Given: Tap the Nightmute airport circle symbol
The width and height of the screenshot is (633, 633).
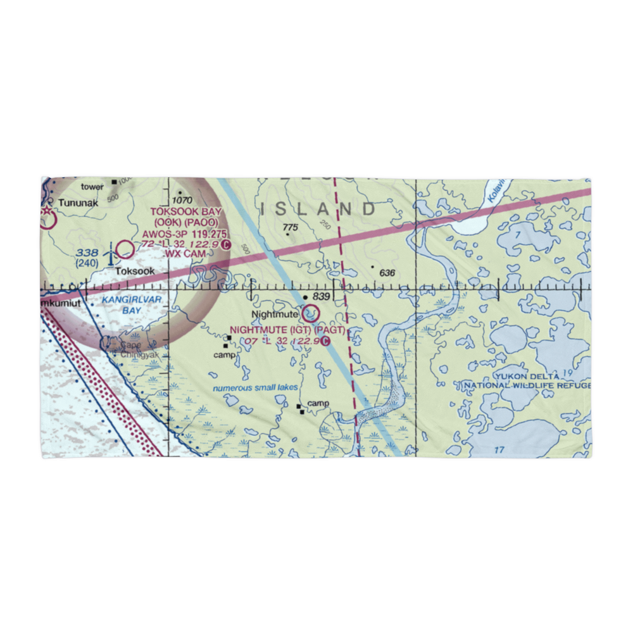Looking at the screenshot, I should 311,313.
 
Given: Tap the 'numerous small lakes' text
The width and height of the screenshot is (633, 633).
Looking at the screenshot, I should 255,388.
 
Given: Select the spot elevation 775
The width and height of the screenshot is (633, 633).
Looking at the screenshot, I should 291,227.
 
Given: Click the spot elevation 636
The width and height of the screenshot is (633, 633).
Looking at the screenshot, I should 387,273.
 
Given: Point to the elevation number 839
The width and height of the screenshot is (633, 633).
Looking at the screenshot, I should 322,297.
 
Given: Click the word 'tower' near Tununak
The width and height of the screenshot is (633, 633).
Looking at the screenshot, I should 91,186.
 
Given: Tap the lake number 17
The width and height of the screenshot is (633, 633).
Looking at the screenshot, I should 499,450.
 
